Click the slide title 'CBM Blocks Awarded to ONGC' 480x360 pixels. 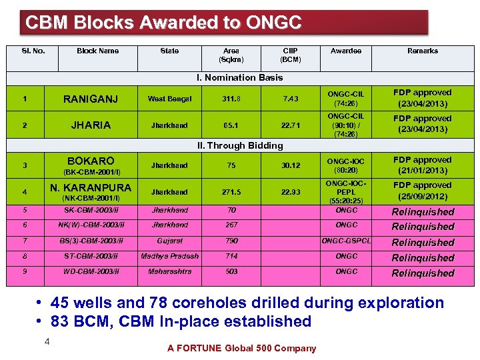163,23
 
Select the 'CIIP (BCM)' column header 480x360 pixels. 290,55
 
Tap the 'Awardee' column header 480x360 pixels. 346,51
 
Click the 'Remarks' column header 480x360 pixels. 423,51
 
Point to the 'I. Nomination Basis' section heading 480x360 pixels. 239,77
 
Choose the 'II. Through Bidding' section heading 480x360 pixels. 239,145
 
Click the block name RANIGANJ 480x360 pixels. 90,99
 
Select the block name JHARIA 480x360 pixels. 90,125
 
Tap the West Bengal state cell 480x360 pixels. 169,99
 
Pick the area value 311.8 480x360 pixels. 231,99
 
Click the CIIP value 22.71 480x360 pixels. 290,125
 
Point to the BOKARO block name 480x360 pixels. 90,161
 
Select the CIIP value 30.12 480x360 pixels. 290,165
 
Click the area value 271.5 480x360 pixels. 231,191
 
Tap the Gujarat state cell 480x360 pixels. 169,241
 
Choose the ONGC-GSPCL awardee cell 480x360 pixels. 346,241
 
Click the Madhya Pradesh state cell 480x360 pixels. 169,256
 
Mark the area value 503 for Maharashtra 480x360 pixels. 231,271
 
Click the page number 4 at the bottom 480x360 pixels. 47,341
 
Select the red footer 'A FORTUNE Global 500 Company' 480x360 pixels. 241,348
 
